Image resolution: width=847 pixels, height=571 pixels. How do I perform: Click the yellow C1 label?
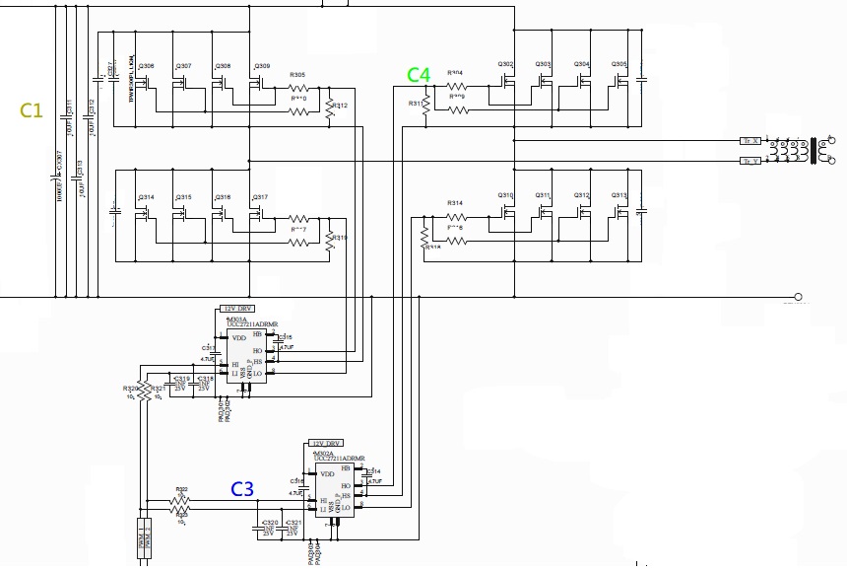(x=32, y=109)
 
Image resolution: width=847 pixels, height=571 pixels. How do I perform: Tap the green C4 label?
(x=419, y=75)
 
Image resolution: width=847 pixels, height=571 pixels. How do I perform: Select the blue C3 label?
(x=242, y=489)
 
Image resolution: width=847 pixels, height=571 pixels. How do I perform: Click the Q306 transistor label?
(x=146, y=66)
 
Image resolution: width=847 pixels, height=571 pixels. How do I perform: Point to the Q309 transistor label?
(x=262, y=66)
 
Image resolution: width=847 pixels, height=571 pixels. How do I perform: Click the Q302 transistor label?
(x=506, y=64)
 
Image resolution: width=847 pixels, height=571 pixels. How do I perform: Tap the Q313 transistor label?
(x=619, y=195)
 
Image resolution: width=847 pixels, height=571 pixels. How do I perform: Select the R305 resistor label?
(x=297, y=75)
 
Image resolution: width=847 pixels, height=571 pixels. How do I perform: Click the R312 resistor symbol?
(x=331, y=111)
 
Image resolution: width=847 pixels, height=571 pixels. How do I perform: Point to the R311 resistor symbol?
(x=425, y=108)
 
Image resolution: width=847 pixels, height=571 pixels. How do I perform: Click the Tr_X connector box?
(x=750, y=140)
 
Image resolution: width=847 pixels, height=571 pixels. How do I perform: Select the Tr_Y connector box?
(x=750, y=160)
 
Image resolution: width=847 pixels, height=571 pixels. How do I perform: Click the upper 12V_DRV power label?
(x=240, y=309)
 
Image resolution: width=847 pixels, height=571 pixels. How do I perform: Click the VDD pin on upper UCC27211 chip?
(x=238, y=338)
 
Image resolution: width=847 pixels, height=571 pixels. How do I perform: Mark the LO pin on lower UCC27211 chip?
(x=346, y=508)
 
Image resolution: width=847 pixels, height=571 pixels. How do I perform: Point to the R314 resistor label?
(x=455, y=203)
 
